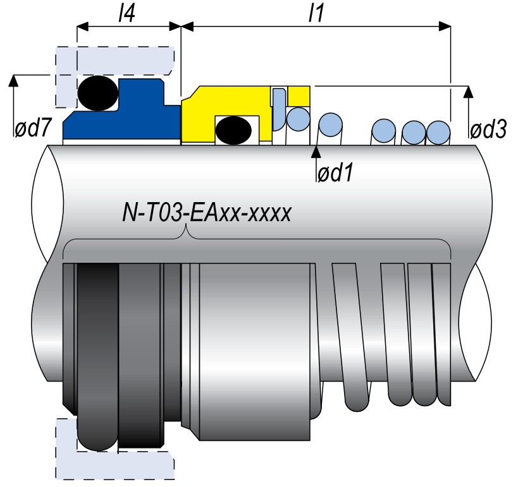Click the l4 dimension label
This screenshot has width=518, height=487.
(129, 13)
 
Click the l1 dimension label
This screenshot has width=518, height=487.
(315, 13)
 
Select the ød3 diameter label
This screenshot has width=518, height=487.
(488, 130)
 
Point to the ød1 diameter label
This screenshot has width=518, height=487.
(334, 173)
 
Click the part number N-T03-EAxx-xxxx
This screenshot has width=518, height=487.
(206, 213)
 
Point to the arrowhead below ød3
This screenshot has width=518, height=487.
(467, 92)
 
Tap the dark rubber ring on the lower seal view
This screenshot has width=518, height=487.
(98, 354)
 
